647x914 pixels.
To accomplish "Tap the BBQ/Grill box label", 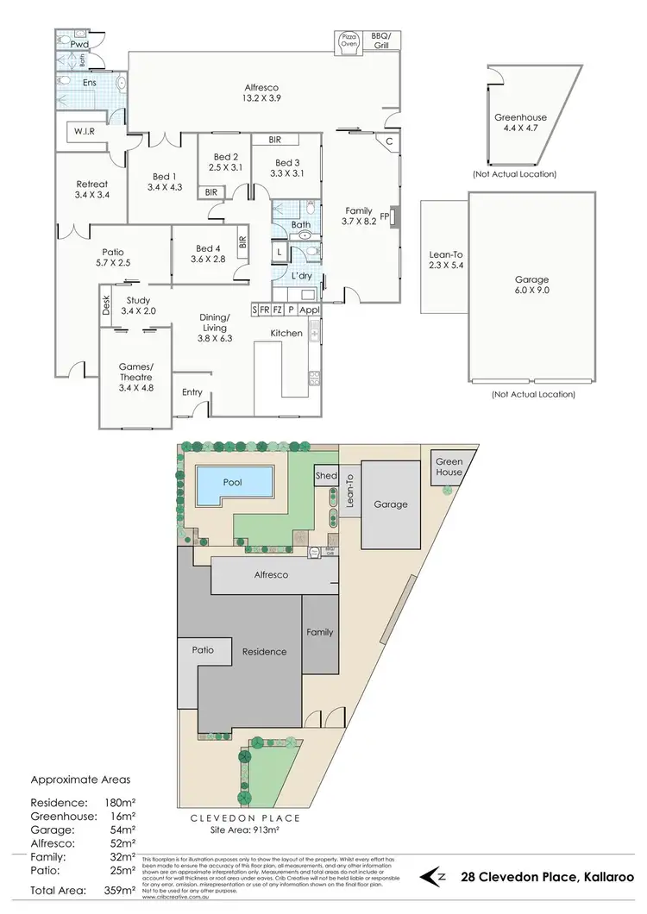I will click(380, 40).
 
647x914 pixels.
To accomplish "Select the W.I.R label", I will click(85, 132).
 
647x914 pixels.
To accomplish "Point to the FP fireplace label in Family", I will click(385, 216).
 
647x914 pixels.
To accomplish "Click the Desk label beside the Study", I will click(107, 303).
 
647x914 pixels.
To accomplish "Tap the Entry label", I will click(192, 392).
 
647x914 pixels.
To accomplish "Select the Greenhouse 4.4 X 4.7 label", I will click(520, 123).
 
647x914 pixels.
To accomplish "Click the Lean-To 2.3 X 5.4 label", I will click(444, 260).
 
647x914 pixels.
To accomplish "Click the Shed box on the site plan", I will click(326, 476).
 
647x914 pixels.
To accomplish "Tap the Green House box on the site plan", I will click(449, 467).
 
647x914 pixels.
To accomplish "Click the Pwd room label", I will click(80, 42).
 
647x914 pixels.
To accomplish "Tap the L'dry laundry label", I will click(302, 274).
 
